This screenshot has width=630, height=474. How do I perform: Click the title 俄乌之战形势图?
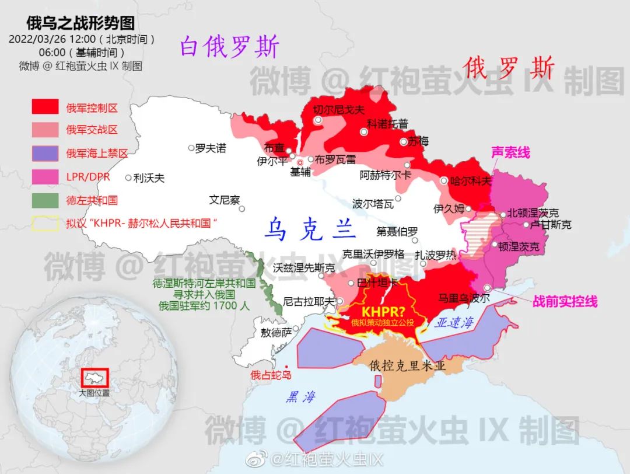(x=80, y=23)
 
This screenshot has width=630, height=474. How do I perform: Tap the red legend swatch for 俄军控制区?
(x=45, y=107)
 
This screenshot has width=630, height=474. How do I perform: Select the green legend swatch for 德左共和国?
(x=45, y=200)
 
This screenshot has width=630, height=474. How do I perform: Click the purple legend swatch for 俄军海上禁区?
(x=45, y=154)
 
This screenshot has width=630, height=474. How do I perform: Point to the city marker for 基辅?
(x=300, y=162)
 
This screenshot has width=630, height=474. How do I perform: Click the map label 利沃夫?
(x=149, y=178)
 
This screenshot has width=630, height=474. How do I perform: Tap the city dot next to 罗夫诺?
(x=191, y=148)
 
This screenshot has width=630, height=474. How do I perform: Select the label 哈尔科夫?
(x=471, y=181)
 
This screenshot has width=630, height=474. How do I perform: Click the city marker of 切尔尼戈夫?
(x=318, y=120)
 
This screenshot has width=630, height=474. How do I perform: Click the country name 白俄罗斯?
(x=229, y=47)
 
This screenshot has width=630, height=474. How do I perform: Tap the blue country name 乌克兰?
(x=310, y=229)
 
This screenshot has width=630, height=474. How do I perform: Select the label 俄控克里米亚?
(x=408, y=366)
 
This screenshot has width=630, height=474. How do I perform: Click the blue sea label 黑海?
(x=300, y=397)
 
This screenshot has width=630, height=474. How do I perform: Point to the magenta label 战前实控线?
(x=565, y=301)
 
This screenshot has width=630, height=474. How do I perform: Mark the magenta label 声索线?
(x=510, y=152)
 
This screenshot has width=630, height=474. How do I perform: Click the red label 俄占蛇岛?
(x=271, y=375)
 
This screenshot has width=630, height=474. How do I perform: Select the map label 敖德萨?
(x=276, y=332)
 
